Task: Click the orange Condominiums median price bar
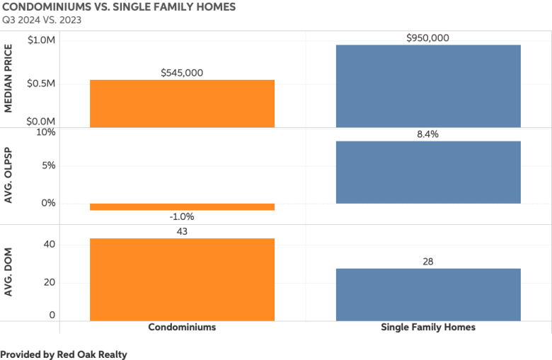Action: click(182, 103)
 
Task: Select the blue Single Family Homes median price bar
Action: click(428, 86)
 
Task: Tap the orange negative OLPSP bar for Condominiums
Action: click(182, 207)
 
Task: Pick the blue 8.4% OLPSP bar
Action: click(428, 172)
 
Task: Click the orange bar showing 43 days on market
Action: click(182, 279)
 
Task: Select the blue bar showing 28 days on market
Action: click(428, 294)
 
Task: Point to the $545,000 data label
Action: click(182, 72)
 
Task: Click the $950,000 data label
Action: click(428, 37)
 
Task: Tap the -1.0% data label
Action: click(182, 217)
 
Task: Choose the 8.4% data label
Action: click(428, 134)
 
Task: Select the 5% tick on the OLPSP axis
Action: click(47, 166)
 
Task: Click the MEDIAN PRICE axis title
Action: click(9, 79)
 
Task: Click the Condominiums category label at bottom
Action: click(182, 327)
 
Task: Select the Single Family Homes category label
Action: click(428, 327)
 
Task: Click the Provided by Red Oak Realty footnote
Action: click(64, 354)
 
